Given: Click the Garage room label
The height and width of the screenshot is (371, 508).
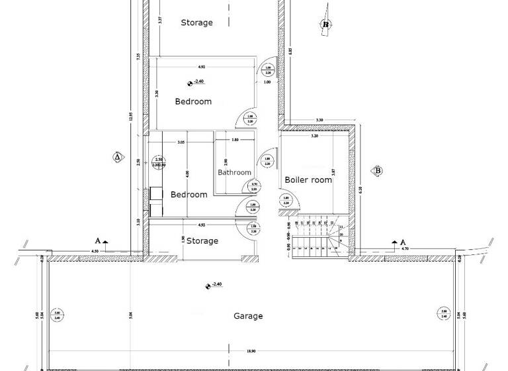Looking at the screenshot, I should point(248,316).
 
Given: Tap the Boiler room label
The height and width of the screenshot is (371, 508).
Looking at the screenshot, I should point(308,180).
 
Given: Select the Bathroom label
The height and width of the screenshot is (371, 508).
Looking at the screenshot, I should point(235,172).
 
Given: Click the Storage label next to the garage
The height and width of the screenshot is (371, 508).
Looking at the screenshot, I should point(202,240).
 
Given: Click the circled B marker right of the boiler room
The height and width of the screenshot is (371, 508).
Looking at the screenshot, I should point(378,170).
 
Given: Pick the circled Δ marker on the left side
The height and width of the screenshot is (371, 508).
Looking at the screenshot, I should point(117,157).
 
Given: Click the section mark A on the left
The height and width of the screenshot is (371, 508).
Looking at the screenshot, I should point(98,241).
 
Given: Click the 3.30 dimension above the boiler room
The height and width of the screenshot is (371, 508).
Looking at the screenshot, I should point(319,121).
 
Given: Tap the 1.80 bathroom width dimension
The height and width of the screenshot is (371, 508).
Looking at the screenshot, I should point(235,140).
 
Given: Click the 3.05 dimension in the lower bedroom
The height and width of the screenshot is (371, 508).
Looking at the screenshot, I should point(181,142).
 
